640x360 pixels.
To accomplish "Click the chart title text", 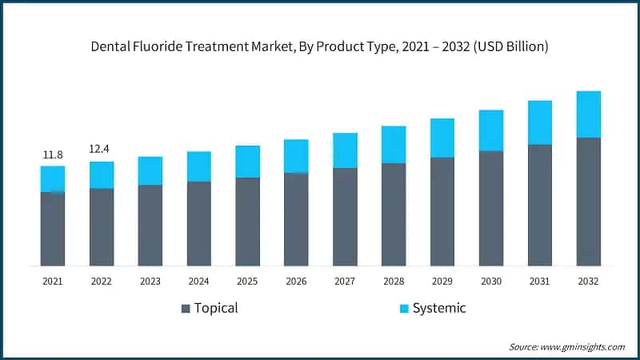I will (320, 47).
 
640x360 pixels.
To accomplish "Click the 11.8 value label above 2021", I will (53, 154).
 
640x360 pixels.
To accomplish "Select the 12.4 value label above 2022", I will (102, 150).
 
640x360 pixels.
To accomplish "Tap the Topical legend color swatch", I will (186, 308).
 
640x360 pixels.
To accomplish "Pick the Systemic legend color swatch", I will (404, 308).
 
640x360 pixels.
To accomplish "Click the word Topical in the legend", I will (217, 308).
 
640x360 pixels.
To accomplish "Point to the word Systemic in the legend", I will (439, 308).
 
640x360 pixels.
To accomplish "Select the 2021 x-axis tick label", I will (53, 281).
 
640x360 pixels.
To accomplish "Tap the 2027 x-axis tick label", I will (345, 281).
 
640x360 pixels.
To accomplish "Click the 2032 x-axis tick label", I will (588, 281).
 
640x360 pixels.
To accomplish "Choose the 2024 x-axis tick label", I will (199, 281).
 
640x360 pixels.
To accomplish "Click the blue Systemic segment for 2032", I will (588, 114).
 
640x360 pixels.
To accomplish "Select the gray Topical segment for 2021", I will (53, 229).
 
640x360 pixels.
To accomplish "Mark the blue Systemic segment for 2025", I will (247, 162).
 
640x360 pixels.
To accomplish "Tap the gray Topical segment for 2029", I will (442, 211).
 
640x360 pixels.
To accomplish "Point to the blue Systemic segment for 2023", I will (150, 170).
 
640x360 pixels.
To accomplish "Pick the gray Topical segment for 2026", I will (296, 219).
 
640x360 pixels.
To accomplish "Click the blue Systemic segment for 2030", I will (491, 130).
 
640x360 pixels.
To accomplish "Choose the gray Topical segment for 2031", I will (540, 205).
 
